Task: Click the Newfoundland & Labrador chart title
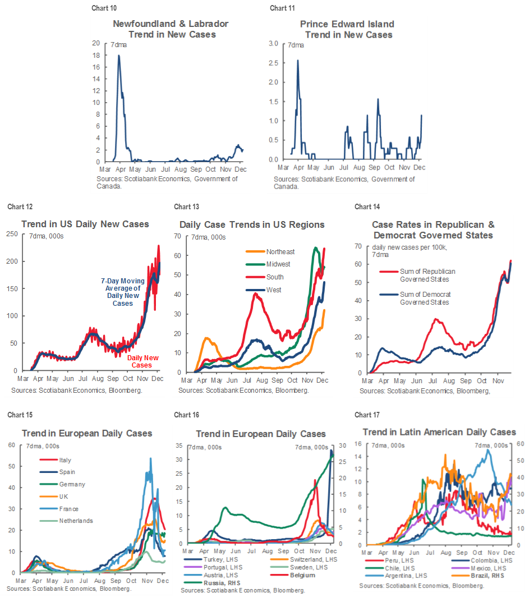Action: click(171, 29)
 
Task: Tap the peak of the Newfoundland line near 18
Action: click(118, 55)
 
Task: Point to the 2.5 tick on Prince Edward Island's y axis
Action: click(275, 63)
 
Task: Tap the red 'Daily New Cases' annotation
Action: click(142, 361)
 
